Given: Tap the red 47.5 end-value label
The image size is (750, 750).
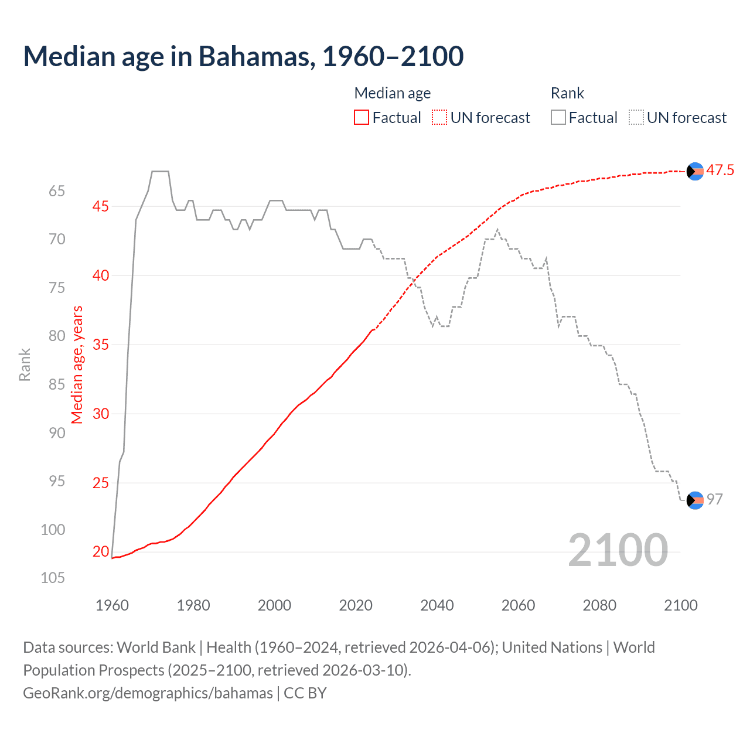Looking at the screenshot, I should tap(720, 171).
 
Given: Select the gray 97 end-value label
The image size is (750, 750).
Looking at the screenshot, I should tap(714, 499).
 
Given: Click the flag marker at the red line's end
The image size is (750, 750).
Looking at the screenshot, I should tap(695, 171).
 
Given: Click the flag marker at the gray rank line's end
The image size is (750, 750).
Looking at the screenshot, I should tap(695, 500).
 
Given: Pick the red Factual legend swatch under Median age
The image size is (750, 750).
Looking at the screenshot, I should tap(362, 118).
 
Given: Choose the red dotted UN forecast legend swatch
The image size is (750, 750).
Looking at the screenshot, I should tap(439, 118).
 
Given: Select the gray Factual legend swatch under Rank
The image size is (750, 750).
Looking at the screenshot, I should tap(558, 118).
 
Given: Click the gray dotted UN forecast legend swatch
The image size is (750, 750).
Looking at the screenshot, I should tap(636, 118).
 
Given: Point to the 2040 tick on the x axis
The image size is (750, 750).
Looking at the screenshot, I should tap(437, 605).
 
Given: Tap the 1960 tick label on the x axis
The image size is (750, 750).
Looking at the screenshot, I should tap(112, 605).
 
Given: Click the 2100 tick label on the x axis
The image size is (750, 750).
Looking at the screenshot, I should tap(680, 605).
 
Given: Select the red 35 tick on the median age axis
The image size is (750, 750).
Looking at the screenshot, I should tap(101, 345).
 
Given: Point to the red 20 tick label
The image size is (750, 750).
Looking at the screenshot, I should tap(101, 551).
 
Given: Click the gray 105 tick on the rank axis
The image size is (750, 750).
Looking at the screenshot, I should tap(53, 578).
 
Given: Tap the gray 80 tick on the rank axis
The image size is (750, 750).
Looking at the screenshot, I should tap(57, 336).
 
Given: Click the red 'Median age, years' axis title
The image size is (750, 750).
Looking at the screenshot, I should tap(77, 364).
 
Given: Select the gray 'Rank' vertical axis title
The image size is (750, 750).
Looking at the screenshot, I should tap(25, 364).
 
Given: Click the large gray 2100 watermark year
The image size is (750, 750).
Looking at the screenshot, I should tap(618, 550).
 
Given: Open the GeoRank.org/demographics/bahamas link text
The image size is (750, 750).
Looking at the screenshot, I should tap(148, 693).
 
